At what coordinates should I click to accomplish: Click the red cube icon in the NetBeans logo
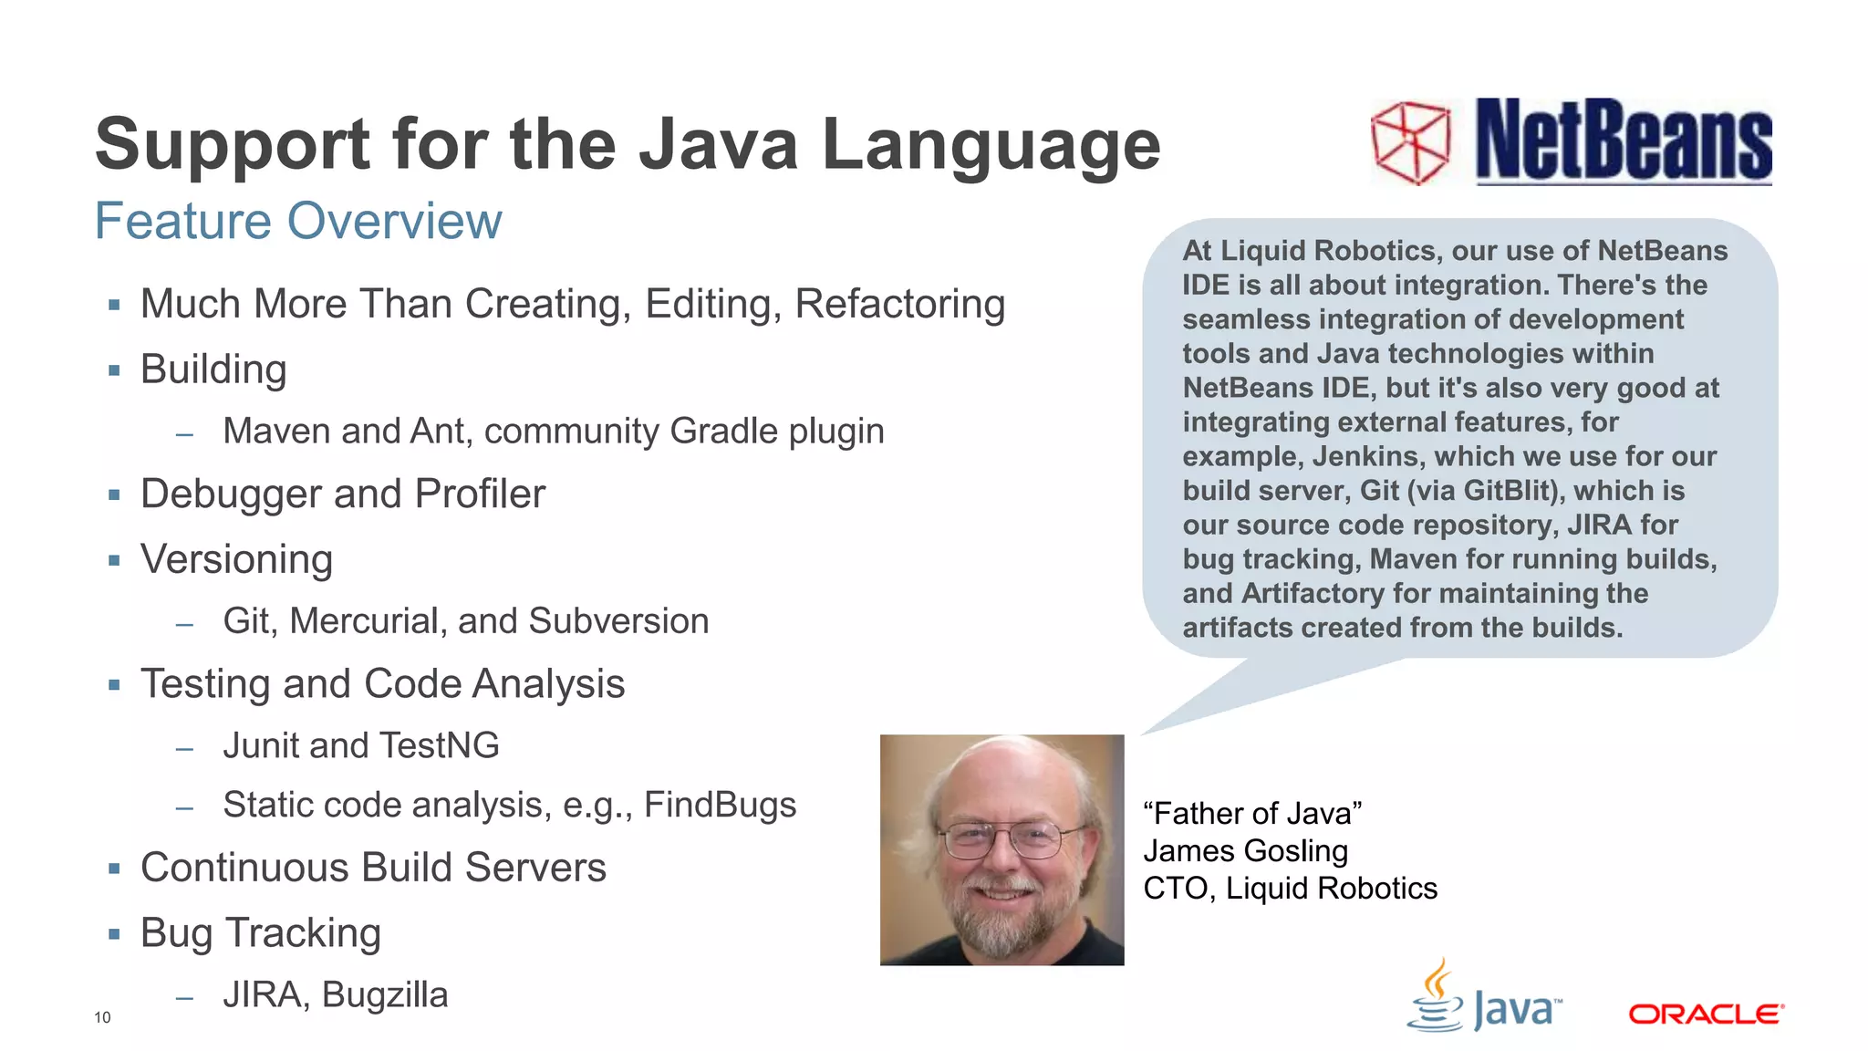[x=1410, y=143]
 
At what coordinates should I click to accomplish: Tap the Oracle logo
[x=1706, y=1015]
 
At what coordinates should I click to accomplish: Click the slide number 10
[x=102, y=1017]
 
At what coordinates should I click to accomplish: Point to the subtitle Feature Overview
[x=298, y=221]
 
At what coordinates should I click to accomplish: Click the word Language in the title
[x=991, y=144]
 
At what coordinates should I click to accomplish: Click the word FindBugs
[x=720, y=805]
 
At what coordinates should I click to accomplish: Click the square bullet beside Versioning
[x=114, y=560]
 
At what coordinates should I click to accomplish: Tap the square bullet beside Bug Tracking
[x=114, y=934]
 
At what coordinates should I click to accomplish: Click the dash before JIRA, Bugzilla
[x=185, y=998]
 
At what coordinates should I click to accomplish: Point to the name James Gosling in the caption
[x=1245, y=850]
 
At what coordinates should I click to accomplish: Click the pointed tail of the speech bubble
[x=1172, y=721]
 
